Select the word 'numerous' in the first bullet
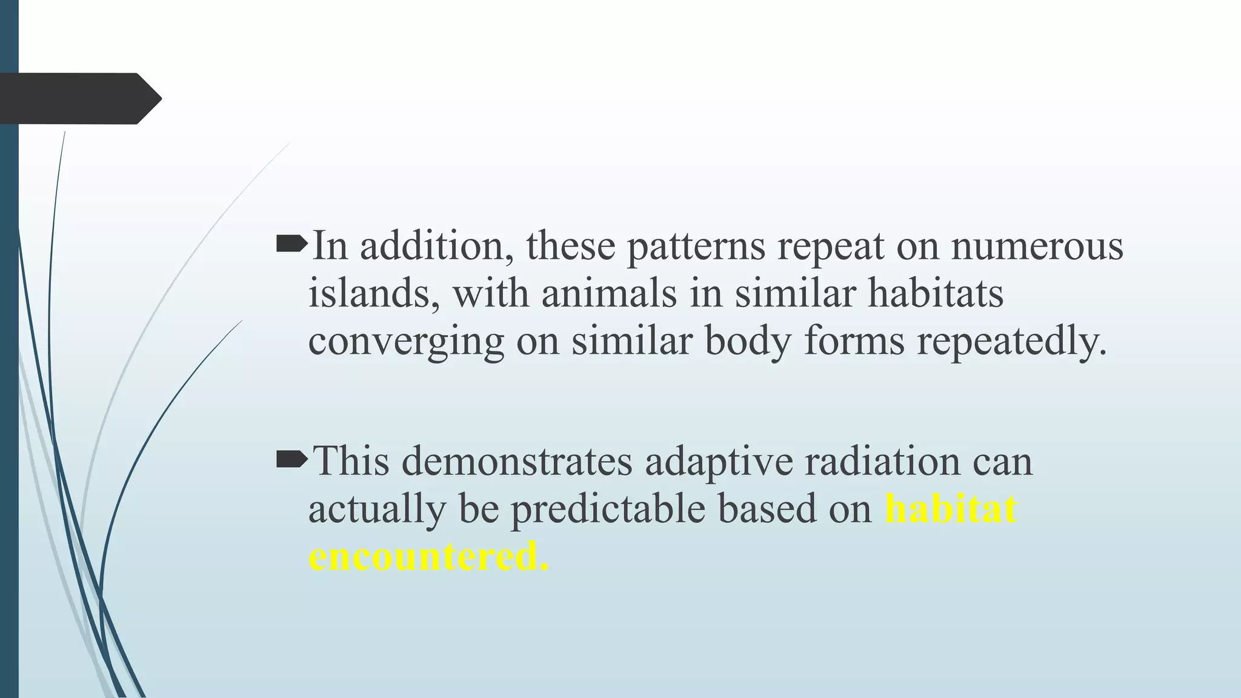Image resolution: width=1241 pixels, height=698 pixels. (x=1037, y=247)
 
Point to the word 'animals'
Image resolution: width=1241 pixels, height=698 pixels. (x=608, y=294)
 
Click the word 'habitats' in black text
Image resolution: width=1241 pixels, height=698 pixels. (x=936, y=294)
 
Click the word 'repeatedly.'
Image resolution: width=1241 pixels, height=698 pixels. (x=1011, y=341)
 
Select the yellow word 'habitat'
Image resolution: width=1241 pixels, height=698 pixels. (x=950, y=509)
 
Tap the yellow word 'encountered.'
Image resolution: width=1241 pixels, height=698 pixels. (x=428, y=556)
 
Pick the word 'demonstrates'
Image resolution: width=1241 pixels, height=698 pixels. (x=516, y=462)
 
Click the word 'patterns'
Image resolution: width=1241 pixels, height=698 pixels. (x=696, y=247)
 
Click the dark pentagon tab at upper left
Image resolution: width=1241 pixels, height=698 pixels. (x=79, y=99)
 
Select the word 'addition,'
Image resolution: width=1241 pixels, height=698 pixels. (x=437, y=247)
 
